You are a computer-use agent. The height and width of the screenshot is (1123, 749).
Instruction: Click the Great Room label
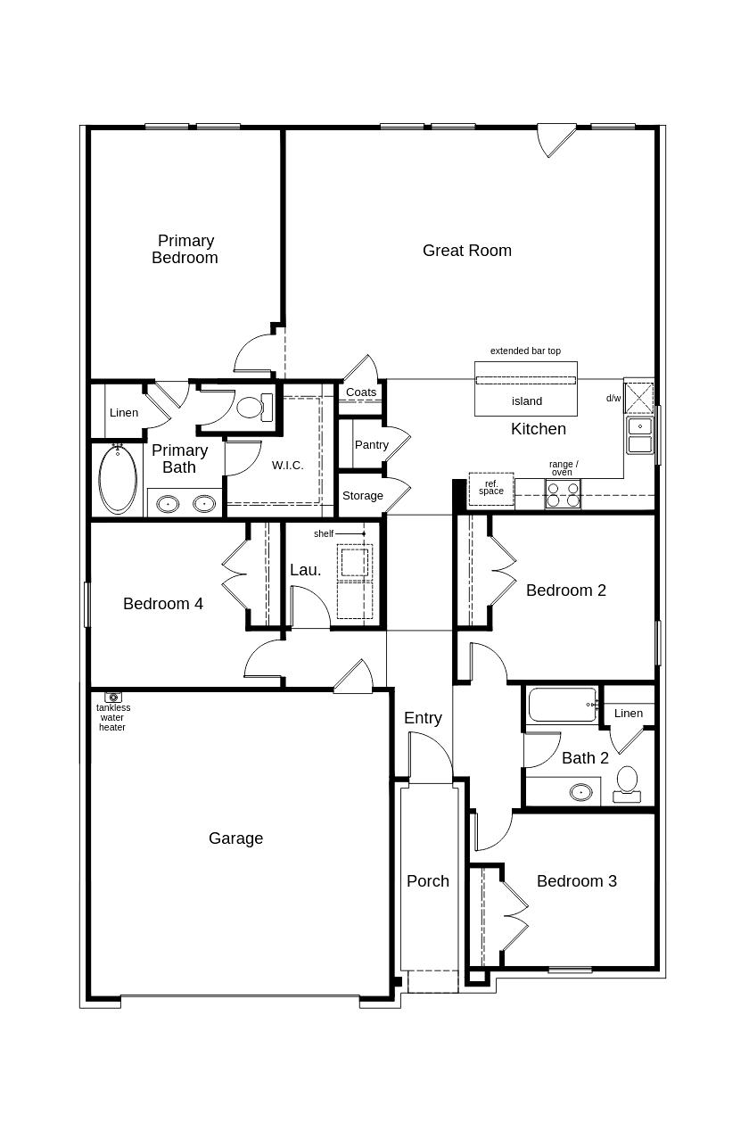467,250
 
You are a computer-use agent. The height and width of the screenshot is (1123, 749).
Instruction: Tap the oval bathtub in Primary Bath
118,479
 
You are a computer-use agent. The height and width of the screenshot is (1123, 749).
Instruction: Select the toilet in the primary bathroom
254,407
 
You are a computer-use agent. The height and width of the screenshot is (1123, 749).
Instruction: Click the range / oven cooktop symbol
563,494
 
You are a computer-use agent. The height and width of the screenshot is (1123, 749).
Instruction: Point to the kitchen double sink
640,435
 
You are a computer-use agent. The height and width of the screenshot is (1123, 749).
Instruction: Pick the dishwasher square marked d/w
639,398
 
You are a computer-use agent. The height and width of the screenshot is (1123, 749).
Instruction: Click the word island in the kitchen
527,401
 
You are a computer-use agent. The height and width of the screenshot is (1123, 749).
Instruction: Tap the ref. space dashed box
491,489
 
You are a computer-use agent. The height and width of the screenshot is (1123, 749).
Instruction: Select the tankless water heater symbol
113,697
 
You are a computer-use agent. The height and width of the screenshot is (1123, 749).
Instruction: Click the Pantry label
372,445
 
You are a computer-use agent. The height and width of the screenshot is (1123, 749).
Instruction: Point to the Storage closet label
363,496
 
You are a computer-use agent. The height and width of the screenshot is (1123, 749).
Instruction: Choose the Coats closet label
361,392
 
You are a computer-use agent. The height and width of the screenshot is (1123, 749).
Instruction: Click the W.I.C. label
288,466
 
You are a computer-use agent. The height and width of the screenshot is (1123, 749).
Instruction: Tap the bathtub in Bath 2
563,705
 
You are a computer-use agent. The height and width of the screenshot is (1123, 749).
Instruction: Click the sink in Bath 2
581,792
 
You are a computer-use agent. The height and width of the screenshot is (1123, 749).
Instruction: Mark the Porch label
428,881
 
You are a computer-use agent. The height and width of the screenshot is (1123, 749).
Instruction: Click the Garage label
236,838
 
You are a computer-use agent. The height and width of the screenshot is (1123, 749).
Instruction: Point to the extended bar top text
525,351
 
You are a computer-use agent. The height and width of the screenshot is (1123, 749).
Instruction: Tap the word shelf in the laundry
324,534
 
